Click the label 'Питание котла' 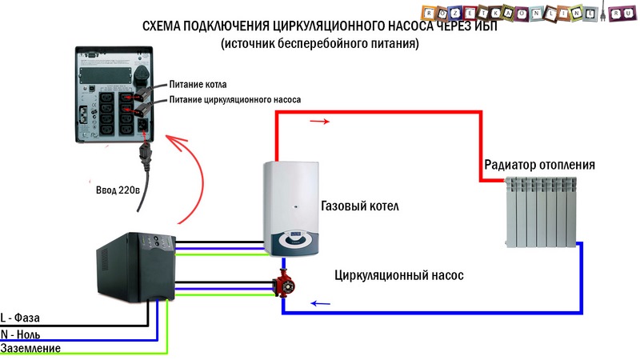pos(198,84)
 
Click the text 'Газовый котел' pos(359,206)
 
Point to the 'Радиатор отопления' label pos(539,165)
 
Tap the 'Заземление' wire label pos(30,349)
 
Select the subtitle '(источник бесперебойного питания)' pos(320,45)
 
